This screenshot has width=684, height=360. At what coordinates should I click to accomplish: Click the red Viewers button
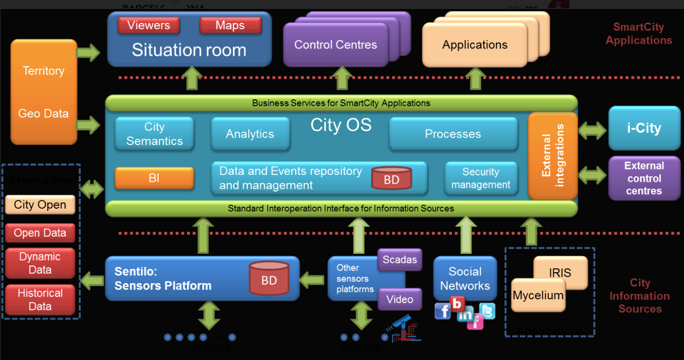(x=148, y=25)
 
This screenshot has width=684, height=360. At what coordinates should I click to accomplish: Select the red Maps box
(x=230, y=25)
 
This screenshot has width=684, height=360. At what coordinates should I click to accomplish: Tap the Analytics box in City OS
(x=250, y=134)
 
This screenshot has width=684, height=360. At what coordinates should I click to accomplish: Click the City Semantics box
(x=154, y=134)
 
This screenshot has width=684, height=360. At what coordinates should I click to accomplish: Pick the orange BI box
(x=154, y=178)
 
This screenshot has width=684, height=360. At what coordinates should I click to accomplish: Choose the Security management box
(x=481, y=178)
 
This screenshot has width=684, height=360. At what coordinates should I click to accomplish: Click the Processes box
(x=453, y=134)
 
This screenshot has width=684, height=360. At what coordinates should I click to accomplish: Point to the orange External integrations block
(x=553, y=155)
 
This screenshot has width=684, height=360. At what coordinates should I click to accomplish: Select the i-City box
(x=644, y=129)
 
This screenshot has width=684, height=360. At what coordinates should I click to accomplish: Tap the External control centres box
(x=644, y=178)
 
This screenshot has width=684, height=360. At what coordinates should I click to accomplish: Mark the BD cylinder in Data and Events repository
(x=391, y=178)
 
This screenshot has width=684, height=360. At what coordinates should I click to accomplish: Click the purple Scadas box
(x=400, y=260)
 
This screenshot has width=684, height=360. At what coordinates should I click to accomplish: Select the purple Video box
(x=400, y=299)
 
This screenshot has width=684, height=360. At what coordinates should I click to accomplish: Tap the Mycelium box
(x=538, y=295)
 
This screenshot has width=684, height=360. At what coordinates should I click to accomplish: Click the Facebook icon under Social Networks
(x=443, y=311)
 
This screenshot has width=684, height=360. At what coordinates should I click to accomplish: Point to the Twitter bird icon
(x=488, y=311)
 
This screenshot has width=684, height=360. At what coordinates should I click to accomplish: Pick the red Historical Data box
(x=40, y=300)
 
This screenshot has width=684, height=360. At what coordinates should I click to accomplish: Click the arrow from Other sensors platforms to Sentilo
(x=312, y=281)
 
